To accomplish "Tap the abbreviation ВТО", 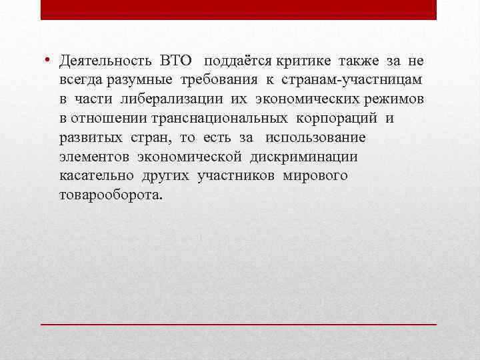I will [x=175, y=62].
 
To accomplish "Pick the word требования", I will [x=214, y=81].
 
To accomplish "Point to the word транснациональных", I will [x=225, y=119].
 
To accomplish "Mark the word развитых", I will [x=85, y=138].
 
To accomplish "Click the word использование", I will [x=315, y=138].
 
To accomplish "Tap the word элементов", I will [x=94, y=157].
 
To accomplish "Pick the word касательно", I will [x=96, y=176].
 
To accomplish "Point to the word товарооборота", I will [x=109, y=195].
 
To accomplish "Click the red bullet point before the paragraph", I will [x=49, y=61].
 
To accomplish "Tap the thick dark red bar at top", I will [x=238, y=9].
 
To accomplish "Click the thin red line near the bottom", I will [x=238, y=323].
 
